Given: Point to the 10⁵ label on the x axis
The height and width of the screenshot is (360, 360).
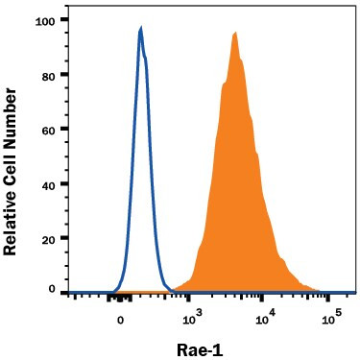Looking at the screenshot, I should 330,313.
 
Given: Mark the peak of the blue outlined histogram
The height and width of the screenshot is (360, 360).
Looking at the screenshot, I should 141,29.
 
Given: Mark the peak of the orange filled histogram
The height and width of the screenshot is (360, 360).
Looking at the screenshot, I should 234,33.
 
